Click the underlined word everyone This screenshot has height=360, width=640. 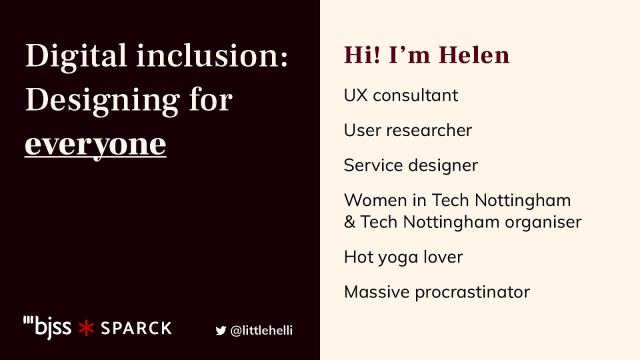tap(95, 144)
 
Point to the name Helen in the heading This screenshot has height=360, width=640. tap(475, 54)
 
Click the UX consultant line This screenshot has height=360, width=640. tap(400, 96)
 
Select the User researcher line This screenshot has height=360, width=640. tap(407, 130)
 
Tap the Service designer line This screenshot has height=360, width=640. tap(410, 165)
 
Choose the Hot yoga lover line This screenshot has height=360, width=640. tap(403, 257)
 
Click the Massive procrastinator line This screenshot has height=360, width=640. tap(436, 292)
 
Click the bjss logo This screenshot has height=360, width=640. tap(47, 326)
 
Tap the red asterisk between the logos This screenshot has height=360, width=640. tap(87, 327)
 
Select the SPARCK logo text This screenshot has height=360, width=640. tap(136, 327)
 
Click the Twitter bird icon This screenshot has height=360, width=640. tap(221, 329)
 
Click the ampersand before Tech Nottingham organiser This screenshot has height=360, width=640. tap(350, 221)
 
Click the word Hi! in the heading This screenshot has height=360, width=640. tap(362, 54)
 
